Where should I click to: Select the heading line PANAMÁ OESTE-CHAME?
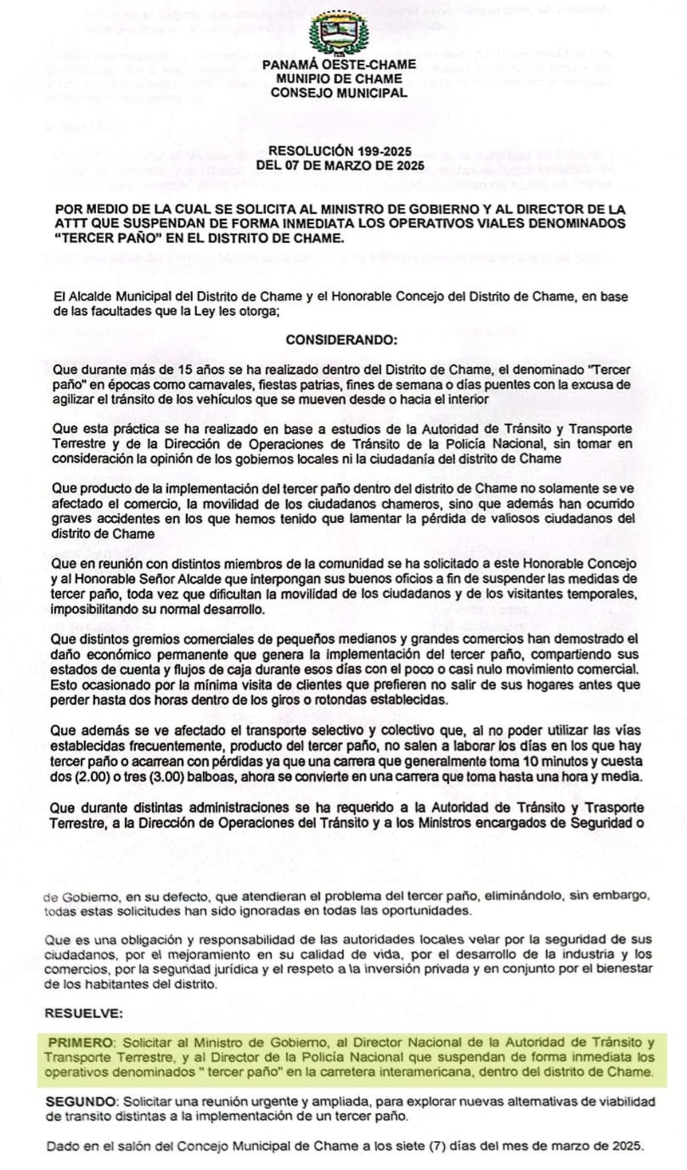[x=339, y=65]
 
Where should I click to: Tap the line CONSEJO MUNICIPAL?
[x=339, y=93]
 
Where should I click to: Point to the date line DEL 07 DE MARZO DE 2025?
[x=340, y=165]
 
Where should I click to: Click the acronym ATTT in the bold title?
[x=71, y=223]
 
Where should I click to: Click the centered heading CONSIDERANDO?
[x=341, y=339]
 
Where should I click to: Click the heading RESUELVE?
[x=84, y=1013]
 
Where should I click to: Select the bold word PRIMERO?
[x=80, y=1042]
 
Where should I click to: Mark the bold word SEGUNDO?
[x=81, y=1101]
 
